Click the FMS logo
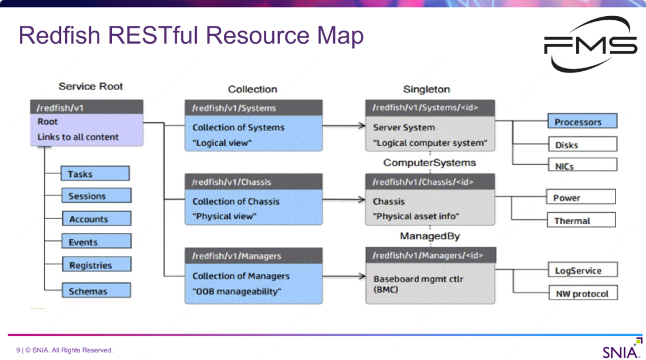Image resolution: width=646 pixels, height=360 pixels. click(x=590, y=45)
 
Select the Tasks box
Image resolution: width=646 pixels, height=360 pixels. click(x=95, y=174)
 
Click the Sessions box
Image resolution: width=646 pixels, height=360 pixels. click(x=96, y=196)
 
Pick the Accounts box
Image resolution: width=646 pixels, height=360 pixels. click(x=96, y=219)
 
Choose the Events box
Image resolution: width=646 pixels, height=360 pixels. click(x=96, y=242)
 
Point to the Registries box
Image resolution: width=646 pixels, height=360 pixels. click(x=96, y=265)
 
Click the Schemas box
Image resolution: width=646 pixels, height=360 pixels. click(x=96, y=291)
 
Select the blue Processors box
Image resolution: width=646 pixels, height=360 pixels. click(x=581, y=122)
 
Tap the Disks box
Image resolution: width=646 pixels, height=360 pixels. click(x=581, y=145)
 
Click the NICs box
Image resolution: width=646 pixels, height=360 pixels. click(x=581, y=166)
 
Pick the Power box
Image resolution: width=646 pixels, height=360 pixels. click(x=580, y=197)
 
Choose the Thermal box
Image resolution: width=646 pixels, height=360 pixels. click(x=580, y=221)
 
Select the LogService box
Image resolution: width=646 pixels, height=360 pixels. click(x=582, y=270)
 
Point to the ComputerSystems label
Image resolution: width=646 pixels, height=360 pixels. click(x=429, y=163)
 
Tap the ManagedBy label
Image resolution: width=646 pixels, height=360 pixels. click(x=429, y=236)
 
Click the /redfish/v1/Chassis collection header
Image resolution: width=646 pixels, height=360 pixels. click(x=253, y=182)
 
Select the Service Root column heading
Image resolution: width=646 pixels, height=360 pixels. click(x=90, y=86)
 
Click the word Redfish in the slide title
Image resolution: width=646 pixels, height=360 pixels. click(x=59, y=35)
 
